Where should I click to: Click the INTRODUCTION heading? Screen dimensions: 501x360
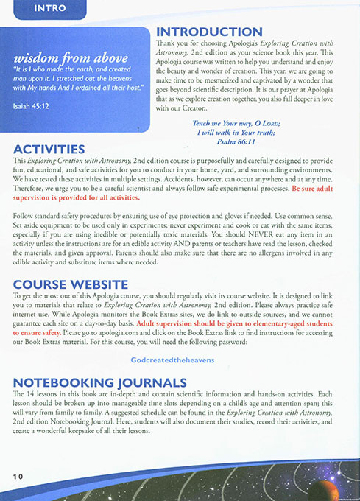[209, 32]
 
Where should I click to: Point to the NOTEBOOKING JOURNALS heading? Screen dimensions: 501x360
[99, 382]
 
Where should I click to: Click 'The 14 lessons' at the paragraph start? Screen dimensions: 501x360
[35, 396]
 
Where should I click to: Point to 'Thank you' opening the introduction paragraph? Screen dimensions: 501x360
[171, 45]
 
